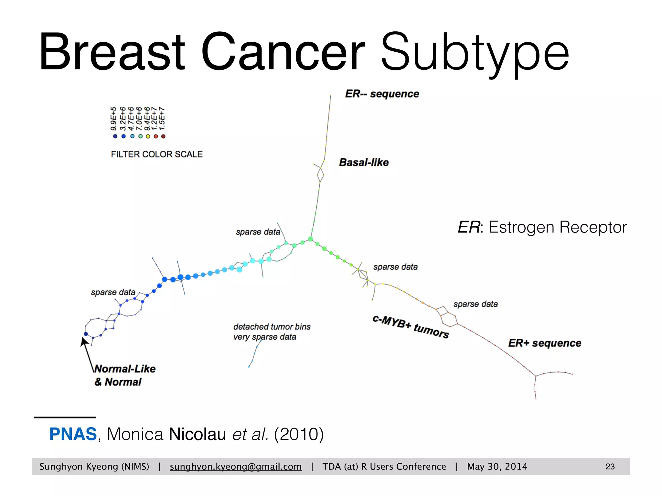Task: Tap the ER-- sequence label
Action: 382,94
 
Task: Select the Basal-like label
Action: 364,162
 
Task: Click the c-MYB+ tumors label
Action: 411,326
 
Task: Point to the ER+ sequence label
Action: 544,343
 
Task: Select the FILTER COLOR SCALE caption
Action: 156,154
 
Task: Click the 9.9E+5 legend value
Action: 113,119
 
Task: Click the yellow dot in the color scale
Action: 148,136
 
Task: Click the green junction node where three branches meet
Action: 310,239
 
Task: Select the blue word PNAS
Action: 73,434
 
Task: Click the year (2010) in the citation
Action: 299,434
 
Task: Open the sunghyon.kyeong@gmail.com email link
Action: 236,467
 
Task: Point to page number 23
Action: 610,467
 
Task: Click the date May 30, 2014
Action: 497,467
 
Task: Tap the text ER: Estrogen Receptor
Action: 542,227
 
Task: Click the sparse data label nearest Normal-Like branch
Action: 113,292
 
